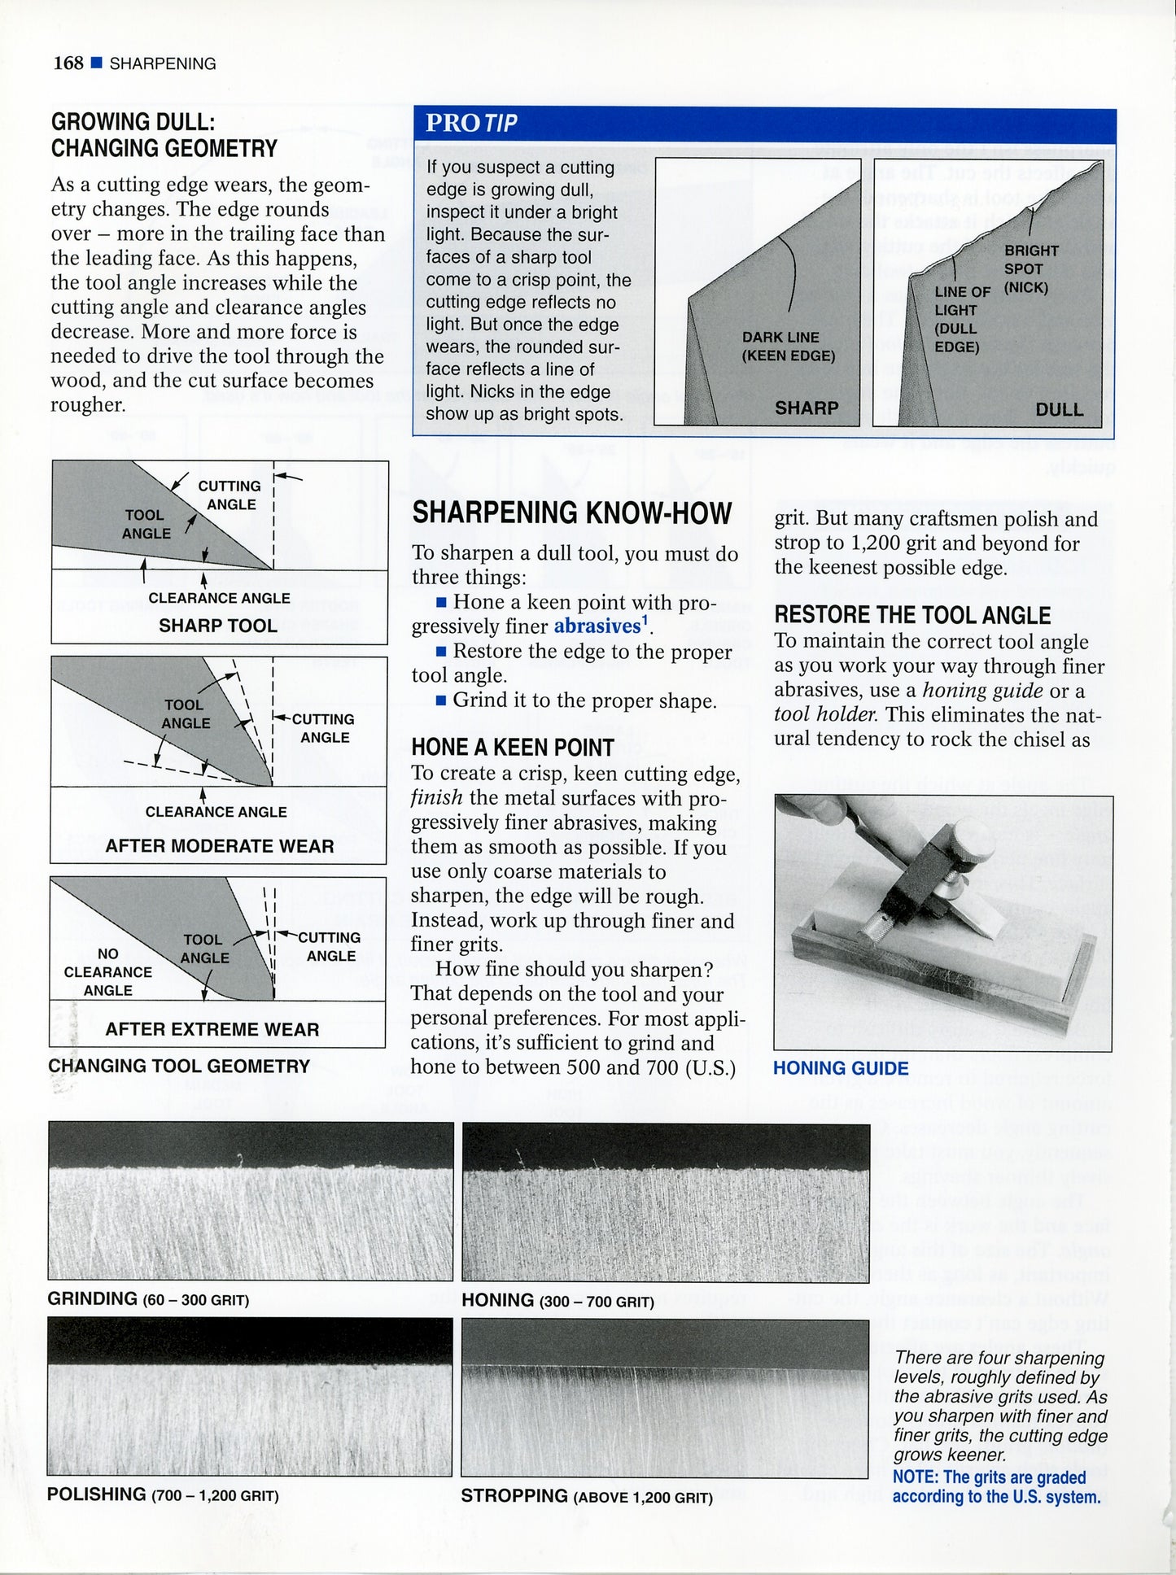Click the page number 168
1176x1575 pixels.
68,63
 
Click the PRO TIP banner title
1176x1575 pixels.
471,123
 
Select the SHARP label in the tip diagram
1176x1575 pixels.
806,408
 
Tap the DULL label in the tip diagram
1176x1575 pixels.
1059,409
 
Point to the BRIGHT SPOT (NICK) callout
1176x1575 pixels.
1030,269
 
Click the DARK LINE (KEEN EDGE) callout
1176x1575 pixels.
788,347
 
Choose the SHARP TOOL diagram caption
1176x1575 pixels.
217,626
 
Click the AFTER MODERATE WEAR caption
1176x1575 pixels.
219,846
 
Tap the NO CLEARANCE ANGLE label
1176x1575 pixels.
107,972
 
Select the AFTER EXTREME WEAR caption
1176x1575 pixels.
212,1029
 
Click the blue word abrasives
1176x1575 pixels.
597,626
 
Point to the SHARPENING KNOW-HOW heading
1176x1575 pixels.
571,513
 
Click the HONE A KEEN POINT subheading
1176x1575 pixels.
512,748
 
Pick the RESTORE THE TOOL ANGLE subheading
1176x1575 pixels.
912,615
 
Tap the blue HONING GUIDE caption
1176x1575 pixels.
840,1068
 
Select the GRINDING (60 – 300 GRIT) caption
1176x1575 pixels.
147,1299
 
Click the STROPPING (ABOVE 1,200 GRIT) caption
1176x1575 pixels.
586,1496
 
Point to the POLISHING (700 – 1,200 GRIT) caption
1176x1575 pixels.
163,1494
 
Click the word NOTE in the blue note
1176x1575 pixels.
915,1477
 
